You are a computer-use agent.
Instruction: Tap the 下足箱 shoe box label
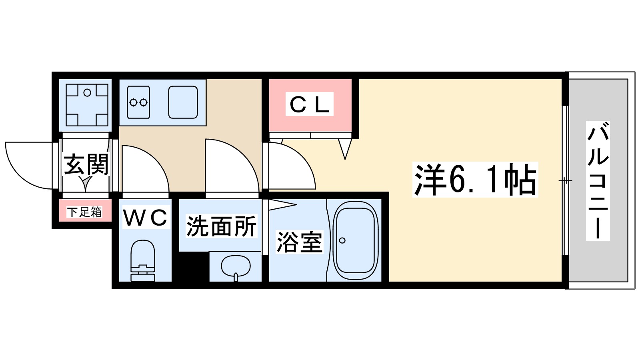84,212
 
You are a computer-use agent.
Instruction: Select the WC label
145,218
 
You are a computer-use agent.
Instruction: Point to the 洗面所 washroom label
221,226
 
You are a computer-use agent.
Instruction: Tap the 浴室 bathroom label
299,242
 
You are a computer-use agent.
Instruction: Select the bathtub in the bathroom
356,240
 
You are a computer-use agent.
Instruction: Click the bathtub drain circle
342,240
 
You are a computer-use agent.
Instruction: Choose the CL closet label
310,104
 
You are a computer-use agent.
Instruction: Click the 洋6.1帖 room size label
475,180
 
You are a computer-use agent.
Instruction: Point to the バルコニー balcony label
598,180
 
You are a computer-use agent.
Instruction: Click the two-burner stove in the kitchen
138,102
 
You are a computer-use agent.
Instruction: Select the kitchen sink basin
183,102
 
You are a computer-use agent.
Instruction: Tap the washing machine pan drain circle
87,93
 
